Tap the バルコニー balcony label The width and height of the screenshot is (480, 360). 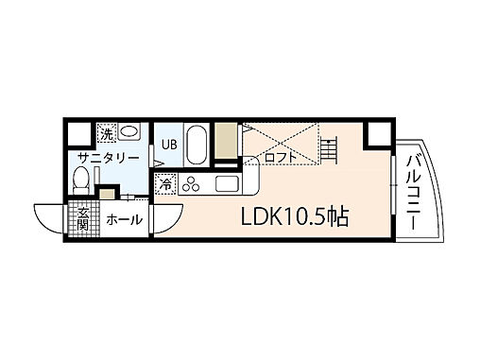pos(414,189)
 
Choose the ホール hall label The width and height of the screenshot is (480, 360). pos(123,219)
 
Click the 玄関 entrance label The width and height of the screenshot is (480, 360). pos(82,218)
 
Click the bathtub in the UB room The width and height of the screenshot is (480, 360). pos(197,146)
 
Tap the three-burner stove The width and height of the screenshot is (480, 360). pos(193,183)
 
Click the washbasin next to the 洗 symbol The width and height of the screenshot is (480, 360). pos(129,131)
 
